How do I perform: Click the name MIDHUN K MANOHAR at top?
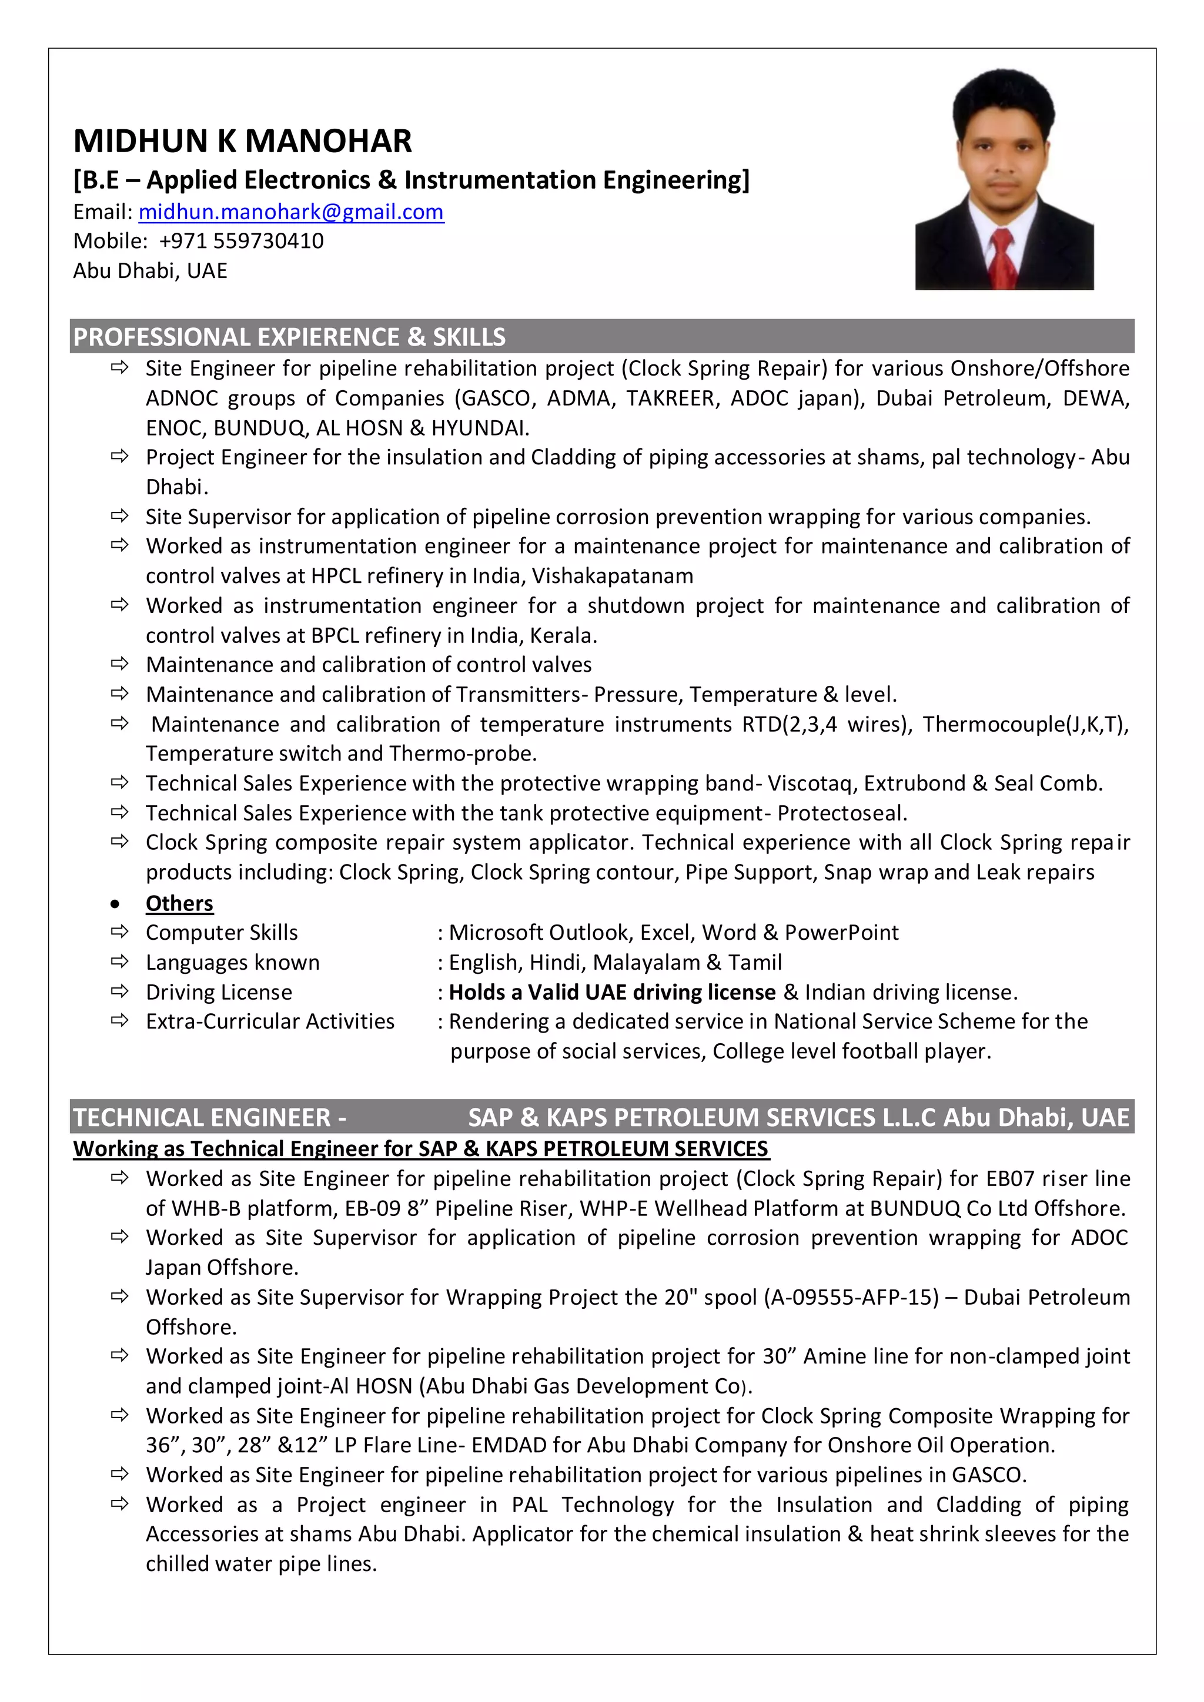[242, 141]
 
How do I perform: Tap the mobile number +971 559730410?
[241, 241]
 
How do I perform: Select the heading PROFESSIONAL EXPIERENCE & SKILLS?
[289, 337]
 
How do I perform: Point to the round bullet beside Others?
[114, 904]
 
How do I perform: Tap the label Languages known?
[232, 962]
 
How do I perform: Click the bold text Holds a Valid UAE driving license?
[611, 992]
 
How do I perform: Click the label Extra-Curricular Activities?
[270, 1021]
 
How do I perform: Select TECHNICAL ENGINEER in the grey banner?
[202, 1117]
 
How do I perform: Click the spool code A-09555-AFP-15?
[851, 1297]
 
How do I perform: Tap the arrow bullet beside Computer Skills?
[119, 932]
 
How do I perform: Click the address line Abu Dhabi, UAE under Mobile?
[150, 270]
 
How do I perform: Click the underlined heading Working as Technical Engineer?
[420, 1148]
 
